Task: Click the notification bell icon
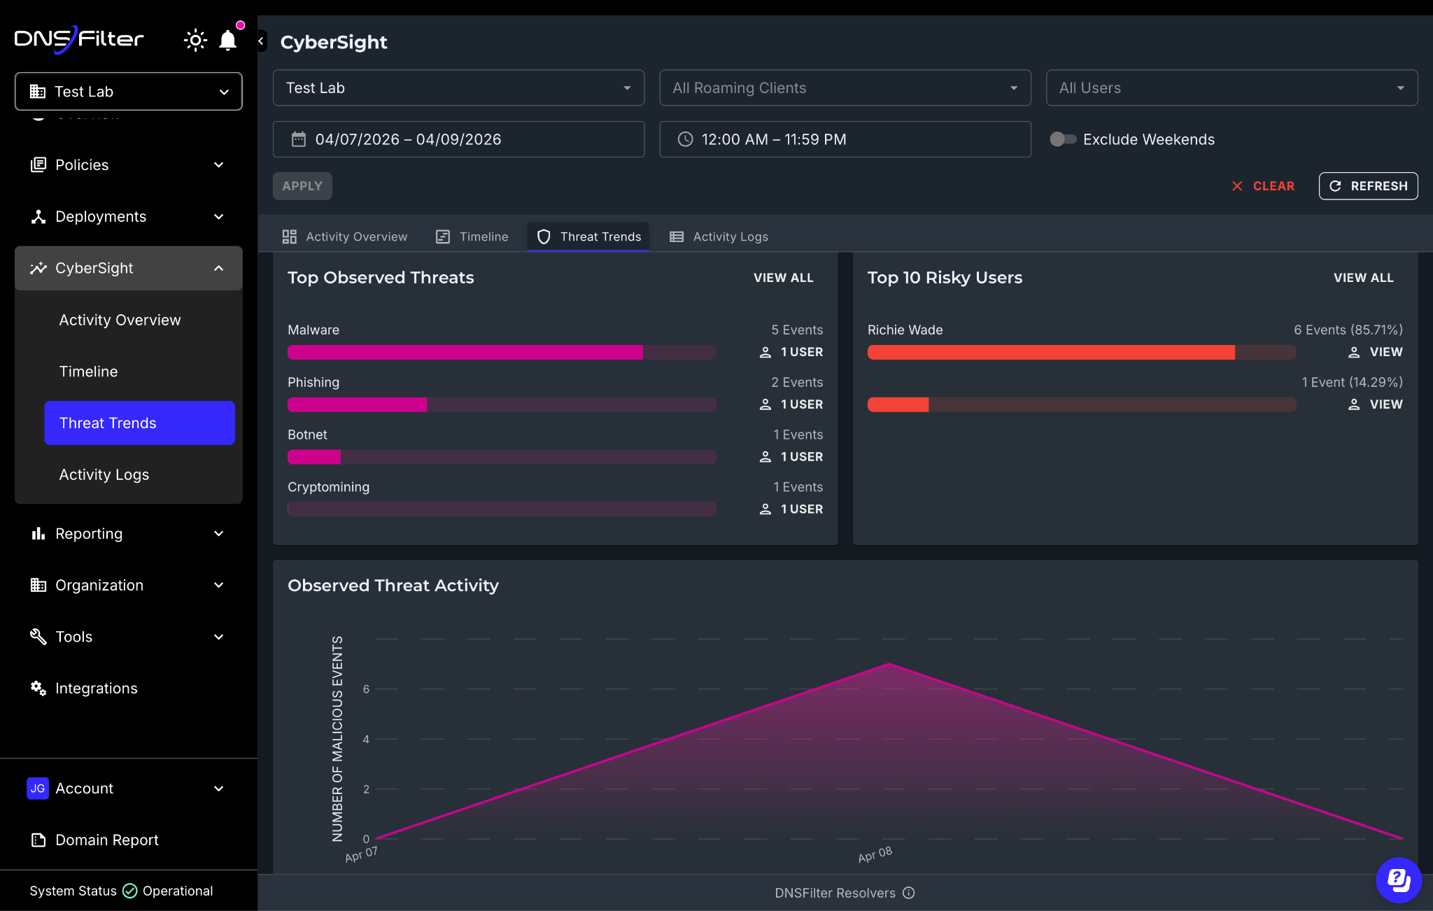click(227, 41)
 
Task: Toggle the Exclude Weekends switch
click(1063, 139)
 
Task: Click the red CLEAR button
click(1263, 186)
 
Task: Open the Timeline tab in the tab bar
click(472, 236)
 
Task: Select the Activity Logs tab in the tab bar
click(719, 236)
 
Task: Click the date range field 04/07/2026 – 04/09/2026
click(458, 139)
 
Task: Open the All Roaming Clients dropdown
click(845, 88)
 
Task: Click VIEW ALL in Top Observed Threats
click(784, 278)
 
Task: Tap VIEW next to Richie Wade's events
click(1376, 352)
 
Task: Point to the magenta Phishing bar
click(357, 404)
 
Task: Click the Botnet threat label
click(307, 435)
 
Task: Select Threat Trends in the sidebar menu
click(139, 423)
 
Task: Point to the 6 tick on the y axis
click(366, 689)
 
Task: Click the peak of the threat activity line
click(889, 663)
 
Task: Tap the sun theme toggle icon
click(195, 41)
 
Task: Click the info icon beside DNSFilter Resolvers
click(909, 893)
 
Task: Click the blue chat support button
click(1399, 880)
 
